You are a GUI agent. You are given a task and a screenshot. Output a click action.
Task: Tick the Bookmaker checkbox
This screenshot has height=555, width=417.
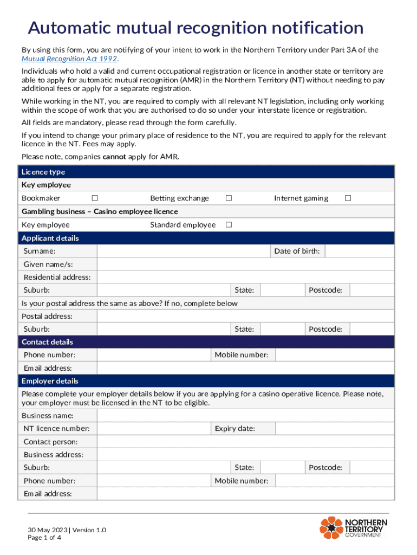click(95, 198)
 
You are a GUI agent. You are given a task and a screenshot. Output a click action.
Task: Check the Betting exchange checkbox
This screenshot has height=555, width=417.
click(229, 198)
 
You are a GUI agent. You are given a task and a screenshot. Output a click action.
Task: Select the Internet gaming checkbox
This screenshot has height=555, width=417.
click(348, 198)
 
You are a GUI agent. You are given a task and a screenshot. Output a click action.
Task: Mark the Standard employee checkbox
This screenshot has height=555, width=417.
click(229, 225)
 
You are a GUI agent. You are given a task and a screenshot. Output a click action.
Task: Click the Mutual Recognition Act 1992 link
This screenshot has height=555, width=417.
click(69, 59)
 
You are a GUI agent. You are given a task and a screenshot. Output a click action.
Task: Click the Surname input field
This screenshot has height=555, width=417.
click(183, 251)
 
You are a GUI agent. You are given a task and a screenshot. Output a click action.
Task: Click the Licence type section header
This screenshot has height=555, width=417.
click(43, 172)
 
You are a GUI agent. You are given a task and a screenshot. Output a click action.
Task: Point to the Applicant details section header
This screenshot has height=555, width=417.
click(50, 238)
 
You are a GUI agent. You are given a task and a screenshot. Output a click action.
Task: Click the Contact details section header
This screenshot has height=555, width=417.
click(47, 342)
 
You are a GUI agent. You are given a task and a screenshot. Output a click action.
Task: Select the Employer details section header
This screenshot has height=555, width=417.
click(50, 381)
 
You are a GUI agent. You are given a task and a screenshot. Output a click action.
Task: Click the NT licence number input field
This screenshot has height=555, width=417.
click(154, 429)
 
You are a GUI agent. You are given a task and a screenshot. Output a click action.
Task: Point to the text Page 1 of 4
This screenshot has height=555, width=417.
click(45, 538)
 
